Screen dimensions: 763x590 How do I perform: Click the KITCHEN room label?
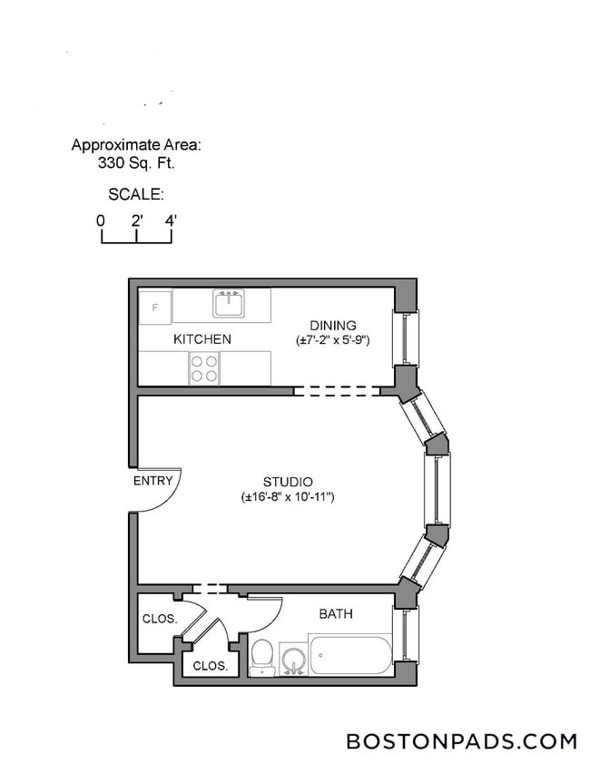202,339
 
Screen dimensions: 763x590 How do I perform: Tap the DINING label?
332,326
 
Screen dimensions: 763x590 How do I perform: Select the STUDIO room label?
288,482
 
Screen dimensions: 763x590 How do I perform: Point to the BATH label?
336,614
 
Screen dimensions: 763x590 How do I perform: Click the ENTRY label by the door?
152,481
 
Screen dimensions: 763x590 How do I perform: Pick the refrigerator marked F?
154,307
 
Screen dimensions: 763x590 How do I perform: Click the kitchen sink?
229,303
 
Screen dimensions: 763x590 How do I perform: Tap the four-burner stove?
203,368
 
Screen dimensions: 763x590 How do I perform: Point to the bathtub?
350,656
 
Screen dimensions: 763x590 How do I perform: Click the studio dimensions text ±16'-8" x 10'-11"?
288,497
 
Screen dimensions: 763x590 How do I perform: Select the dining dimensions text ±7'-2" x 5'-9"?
332,340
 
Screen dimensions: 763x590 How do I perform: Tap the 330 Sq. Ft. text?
136,164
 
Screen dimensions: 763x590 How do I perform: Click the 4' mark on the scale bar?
171,220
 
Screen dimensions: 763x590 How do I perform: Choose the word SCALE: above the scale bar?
135,194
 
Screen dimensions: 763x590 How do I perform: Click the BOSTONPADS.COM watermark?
461,741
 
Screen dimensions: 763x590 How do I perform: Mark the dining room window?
405,338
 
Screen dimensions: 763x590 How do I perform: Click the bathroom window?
405,634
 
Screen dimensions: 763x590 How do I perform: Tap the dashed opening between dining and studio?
336,391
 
